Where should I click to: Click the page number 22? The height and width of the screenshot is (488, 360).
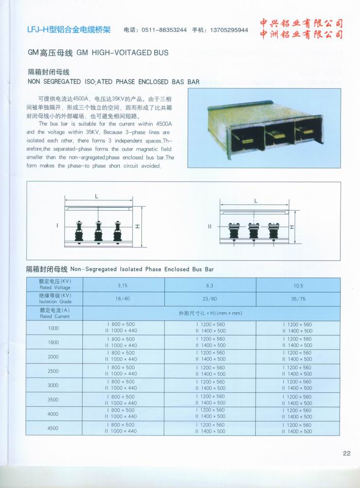346,453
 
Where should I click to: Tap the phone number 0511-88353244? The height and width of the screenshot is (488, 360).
166,30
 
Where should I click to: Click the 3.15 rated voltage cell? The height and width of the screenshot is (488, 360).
122,285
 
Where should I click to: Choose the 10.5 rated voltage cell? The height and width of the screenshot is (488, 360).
298,285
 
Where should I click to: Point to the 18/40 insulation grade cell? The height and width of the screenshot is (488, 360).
122,298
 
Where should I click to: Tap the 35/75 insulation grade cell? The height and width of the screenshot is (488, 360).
298,298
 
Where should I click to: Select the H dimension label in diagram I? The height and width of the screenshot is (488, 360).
135,226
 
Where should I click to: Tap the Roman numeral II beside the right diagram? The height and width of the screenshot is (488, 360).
209,226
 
